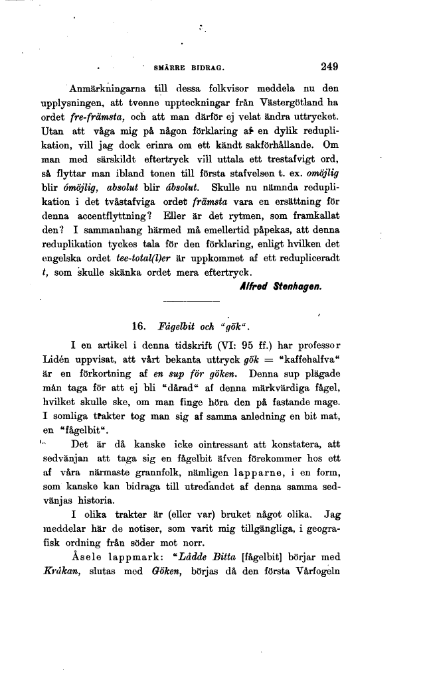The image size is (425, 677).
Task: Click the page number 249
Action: coord(329,66)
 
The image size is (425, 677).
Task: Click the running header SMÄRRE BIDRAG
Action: coord(191,68)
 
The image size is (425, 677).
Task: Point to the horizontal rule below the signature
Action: coord(163,302)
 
